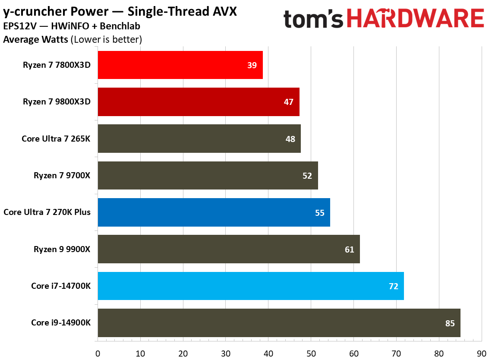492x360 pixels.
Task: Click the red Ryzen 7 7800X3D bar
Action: coord(180,65)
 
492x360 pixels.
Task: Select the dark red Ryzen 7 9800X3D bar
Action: coord(199,102)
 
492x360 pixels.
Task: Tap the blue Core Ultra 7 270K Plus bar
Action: coord(214,212)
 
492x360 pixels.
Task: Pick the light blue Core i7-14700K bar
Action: coord(250,286)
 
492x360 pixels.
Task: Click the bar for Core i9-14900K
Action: coord(279,323)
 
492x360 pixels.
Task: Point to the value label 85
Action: coord(450,323)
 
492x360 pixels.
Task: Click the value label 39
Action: coord(252,66)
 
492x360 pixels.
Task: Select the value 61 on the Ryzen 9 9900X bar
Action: coord(349,249)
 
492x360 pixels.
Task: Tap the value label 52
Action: coord(307,176)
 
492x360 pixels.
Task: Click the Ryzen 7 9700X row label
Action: coord(62,176)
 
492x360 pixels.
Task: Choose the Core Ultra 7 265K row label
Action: coord(56,139)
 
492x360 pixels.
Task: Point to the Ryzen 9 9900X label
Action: coord(62,249)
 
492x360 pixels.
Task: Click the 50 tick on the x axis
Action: coord(311,353)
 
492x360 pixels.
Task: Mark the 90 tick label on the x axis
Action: coord(482,353)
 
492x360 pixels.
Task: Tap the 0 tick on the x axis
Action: coord(98,353)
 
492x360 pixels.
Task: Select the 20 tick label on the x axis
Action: coord(183,353)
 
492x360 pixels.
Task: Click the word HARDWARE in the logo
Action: coord(415,19)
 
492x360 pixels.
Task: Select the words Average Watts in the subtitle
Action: coord(35,40)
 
